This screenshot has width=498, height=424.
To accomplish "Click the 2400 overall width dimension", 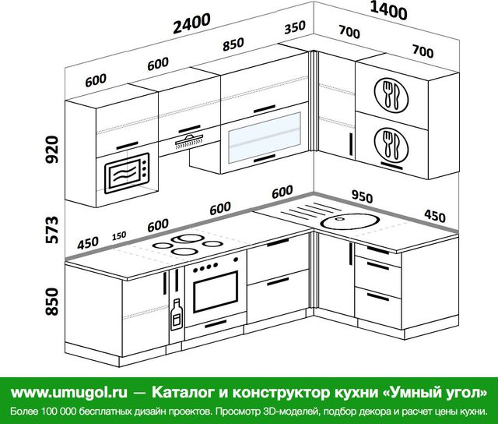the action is (191, 23).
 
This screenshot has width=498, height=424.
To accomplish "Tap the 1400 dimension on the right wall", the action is (388, 11).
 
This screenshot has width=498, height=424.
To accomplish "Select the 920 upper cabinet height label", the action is (52, 150).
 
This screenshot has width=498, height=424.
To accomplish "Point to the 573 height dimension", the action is (52, 230).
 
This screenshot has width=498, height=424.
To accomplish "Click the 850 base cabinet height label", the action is (52, 302).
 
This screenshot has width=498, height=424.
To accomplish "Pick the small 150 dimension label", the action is (119, 236).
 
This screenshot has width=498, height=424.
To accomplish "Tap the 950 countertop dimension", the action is (362, 196).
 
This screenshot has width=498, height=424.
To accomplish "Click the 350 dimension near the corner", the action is (295, 27).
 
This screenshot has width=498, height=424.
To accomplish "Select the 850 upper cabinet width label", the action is (233, 44).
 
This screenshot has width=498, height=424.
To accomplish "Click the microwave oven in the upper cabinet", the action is (127, 173).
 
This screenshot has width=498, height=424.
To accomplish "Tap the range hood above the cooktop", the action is (189, 142).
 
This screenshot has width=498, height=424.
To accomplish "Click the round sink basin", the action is (349, 221).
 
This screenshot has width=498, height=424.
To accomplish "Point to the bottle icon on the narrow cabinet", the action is (177, 314).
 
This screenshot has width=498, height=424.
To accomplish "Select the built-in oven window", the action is (216, 291).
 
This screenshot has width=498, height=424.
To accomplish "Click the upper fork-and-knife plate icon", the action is (391, 95).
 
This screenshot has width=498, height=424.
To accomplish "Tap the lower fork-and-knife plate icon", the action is (391, 145).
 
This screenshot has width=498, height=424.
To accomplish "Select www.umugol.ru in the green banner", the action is (69, 393).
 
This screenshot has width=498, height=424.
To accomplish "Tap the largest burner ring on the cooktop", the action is (187, 238).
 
